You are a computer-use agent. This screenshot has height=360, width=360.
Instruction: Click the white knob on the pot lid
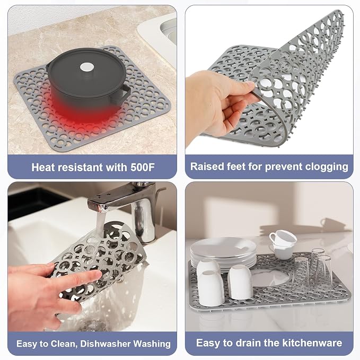tap(87, 67)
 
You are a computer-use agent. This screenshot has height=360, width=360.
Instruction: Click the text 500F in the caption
tap(143, 167)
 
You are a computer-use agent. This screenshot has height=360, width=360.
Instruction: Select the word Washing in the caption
tap(152, 344)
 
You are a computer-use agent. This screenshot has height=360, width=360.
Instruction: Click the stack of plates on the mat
tap(223, 252)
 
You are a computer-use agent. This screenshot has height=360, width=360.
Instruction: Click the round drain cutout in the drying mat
tap(270, 278)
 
